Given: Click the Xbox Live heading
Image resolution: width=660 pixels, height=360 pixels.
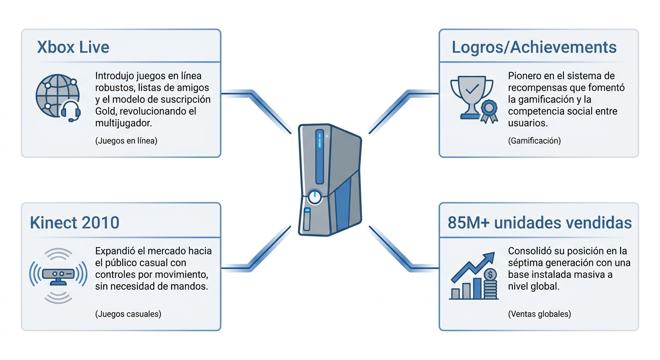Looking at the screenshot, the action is click(73, 47).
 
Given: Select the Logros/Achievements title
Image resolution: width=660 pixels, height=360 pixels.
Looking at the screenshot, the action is click(534, 47).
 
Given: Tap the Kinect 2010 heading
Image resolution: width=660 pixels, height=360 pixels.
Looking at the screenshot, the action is click(75, 223).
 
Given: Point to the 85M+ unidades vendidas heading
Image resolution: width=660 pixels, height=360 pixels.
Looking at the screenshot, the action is click(540, 223).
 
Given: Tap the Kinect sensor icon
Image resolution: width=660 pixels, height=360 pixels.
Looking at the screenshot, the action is click(58, 276).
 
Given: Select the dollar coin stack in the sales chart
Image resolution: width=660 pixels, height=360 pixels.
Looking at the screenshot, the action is click(490, 284).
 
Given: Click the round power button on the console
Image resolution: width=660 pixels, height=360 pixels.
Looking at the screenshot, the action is click(315, 197).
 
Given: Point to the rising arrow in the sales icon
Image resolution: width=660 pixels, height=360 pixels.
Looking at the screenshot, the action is click(473, 267).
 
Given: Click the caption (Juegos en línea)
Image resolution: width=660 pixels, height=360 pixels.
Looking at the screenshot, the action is click(126, 141).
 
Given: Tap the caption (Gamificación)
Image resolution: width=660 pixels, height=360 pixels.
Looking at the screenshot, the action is click(534, 141).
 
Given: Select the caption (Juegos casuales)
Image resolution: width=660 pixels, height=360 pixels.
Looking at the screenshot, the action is click(128, 314).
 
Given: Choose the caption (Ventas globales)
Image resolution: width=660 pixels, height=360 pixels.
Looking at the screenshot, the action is click(540, 314).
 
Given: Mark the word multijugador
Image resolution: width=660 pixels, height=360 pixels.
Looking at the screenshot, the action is click(123, 123).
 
